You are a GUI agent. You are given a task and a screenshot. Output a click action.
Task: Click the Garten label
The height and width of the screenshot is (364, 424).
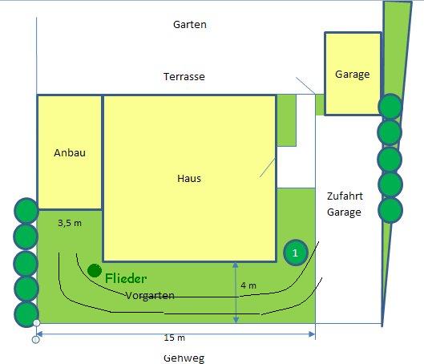pyautogui.click(x=190, y=25)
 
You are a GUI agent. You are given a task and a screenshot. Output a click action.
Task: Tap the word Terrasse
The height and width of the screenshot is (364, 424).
pyautogui.click(x=184, y=77)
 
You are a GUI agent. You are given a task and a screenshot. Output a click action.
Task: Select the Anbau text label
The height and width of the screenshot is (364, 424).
pyautogui.click(x=70, y=153)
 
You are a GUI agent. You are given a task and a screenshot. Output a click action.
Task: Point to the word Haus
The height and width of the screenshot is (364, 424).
pyautogui.click(x=189, y=179)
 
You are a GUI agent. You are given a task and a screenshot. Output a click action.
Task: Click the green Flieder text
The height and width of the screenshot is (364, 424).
pyautogui.click(x=126, y=278)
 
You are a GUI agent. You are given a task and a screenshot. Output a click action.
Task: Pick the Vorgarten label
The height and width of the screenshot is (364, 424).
pyautogui.click(x=150, y=295)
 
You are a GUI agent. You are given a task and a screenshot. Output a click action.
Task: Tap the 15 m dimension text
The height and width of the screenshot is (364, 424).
pyautogui.click(x=175, y=338)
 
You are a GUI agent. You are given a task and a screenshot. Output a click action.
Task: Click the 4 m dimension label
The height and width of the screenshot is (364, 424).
pyautogui.click(x=248, y=285)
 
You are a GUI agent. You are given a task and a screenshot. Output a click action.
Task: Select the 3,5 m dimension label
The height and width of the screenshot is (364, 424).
pyautogui.click(x=70, y=223)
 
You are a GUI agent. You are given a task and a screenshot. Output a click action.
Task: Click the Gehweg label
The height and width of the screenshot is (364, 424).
pyautogui.click(x=184, y=358)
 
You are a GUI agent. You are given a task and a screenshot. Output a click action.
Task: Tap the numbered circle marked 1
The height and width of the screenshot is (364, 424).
pyautogui.click(x=296, y=253)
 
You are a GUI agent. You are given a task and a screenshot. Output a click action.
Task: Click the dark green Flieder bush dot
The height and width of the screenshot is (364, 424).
pyautogui.click(x=95, y=270)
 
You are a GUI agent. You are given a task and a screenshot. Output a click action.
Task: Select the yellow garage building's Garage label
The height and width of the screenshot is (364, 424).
pyautogui.click(x=353, y=75)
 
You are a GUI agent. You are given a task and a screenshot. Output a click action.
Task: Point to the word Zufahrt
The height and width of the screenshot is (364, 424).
pyautogui.click(x=345, y=196)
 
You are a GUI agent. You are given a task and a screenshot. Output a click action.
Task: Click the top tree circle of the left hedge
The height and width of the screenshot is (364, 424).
pyautogui.click(x=26, y=211)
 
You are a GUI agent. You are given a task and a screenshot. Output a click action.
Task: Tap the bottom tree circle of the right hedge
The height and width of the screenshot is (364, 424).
pyautogui.click(x=390, y=210)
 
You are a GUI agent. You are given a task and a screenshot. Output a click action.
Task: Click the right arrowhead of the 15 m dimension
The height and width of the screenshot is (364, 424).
pyautogui.click(x=312, y=334)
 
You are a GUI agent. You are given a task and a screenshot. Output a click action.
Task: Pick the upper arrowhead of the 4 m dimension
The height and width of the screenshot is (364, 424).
pyautogui.click(x=236, y=265)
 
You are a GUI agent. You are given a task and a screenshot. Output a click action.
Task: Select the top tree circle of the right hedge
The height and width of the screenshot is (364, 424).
pyautogui.click(x=390, y=107)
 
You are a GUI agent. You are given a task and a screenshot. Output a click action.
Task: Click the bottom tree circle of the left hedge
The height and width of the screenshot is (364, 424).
pyautogui.click(x=26, y=314)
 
